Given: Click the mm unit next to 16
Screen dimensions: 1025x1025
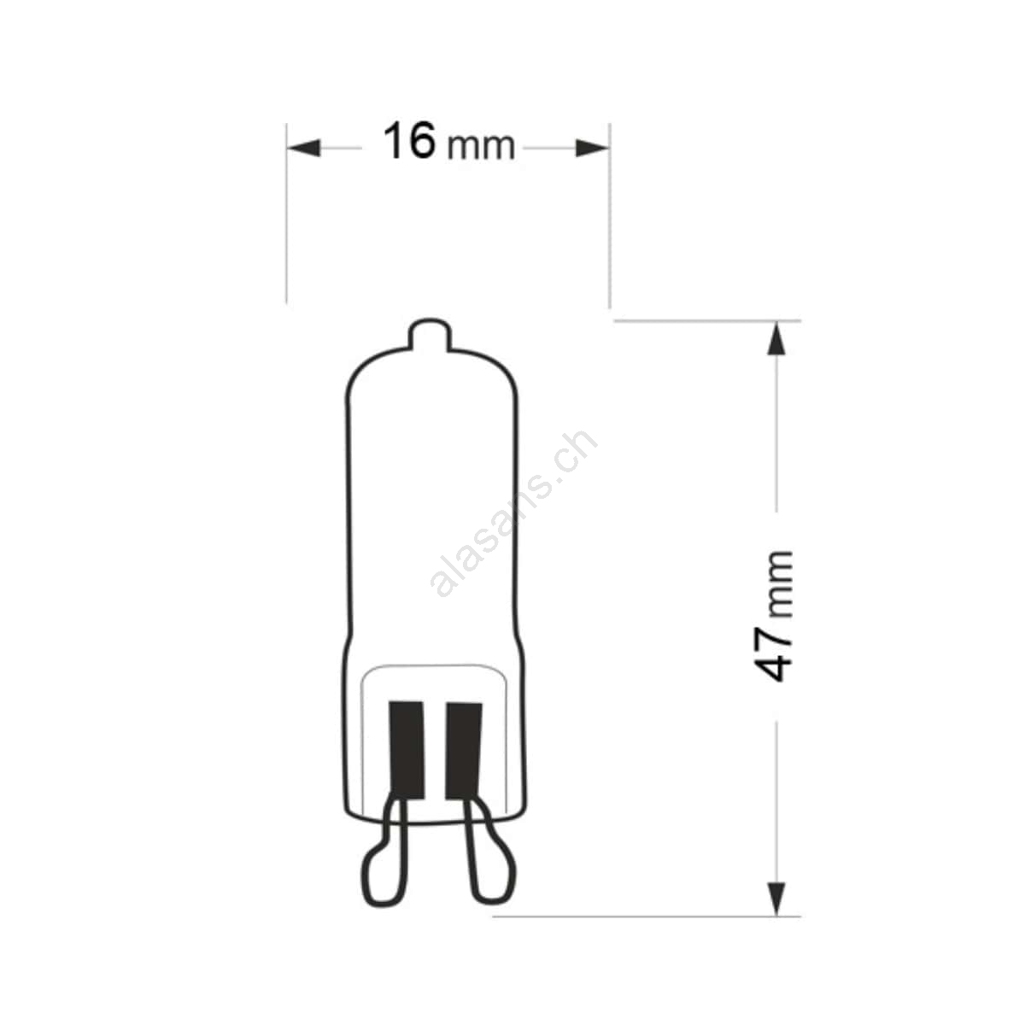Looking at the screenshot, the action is [x=481, y=146].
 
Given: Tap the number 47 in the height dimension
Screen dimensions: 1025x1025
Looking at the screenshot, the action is [x=774, y=653].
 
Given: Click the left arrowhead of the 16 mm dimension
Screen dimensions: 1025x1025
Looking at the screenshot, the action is [x=304, y=148].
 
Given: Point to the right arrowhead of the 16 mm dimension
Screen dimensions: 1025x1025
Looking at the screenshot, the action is [x=593, y=148].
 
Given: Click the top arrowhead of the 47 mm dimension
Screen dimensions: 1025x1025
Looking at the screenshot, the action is [x=777, y=338].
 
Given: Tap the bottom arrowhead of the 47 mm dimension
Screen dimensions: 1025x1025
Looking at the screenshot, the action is [x=777, y=899].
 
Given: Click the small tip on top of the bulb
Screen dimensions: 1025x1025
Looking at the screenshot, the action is [x=430, y=334].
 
